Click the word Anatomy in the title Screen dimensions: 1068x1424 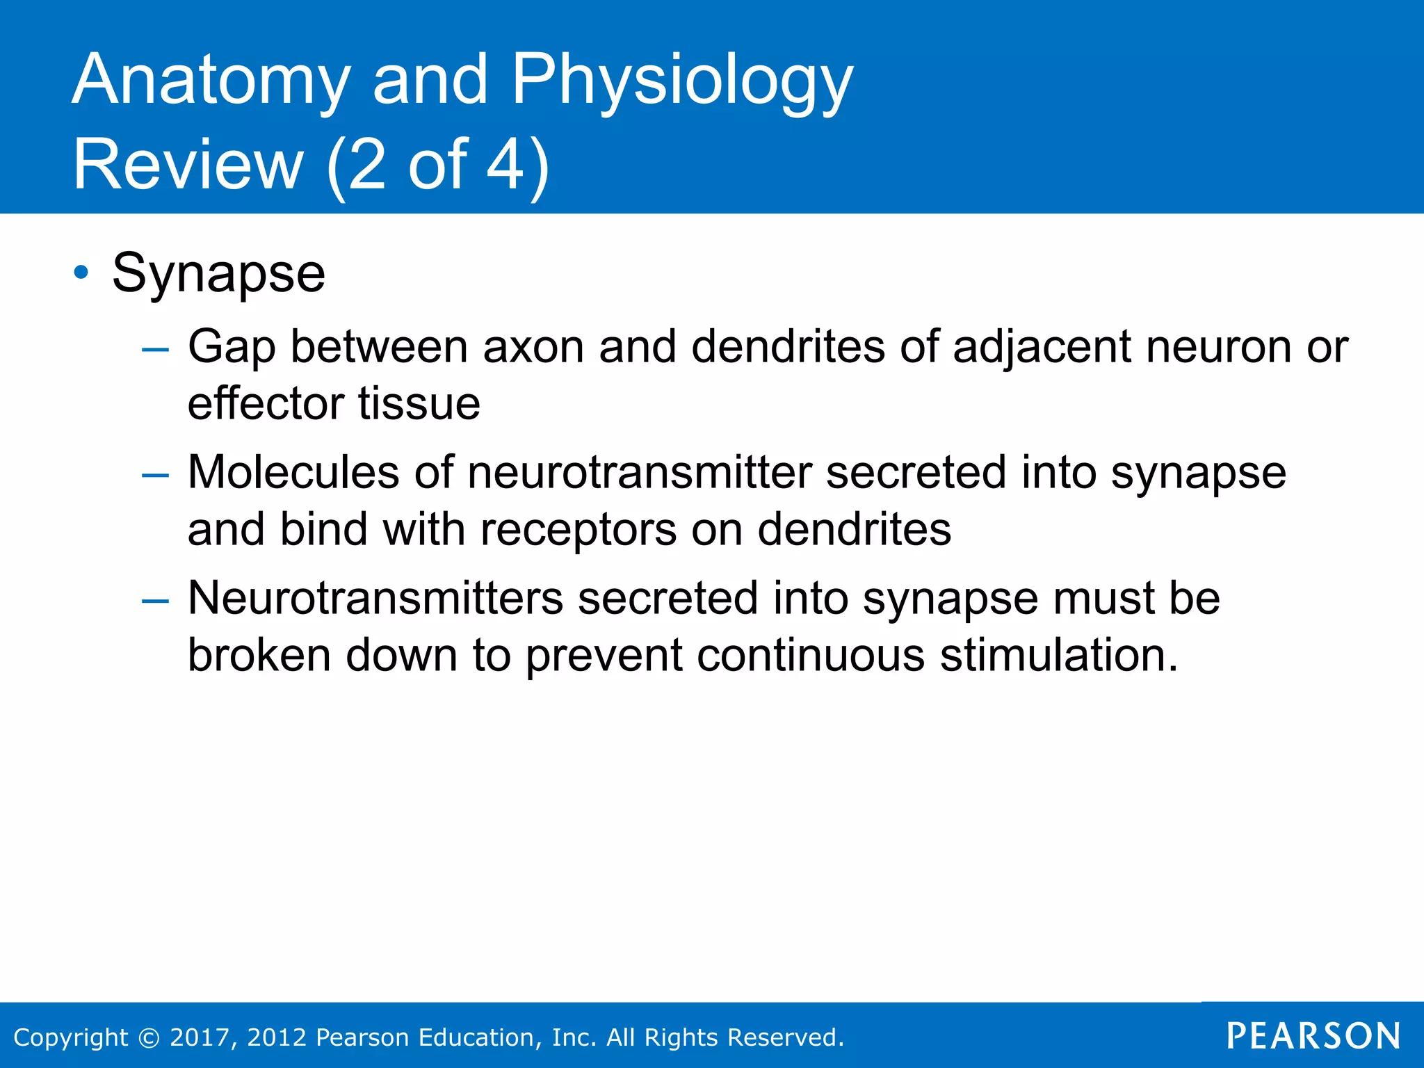click(211, 82)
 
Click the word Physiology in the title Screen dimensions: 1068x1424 click(682, 82)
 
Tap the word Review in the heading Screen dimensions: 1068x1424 click(188, 165)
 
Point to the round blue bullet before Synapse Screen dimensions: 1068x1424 click(81, 272)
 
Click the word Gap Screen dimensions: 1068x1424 click(232, 348)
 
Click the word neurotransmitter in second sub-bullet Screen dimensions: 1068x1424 click(640, 473)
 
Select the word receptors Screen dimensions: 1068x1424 click(578, 530)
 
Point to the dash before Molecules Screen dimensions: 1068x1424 click(154, 476)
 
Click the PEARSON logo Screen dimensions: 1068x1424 click(1313, 1036)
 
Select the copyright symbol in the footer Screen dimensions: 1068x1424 click(149, 1037)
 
